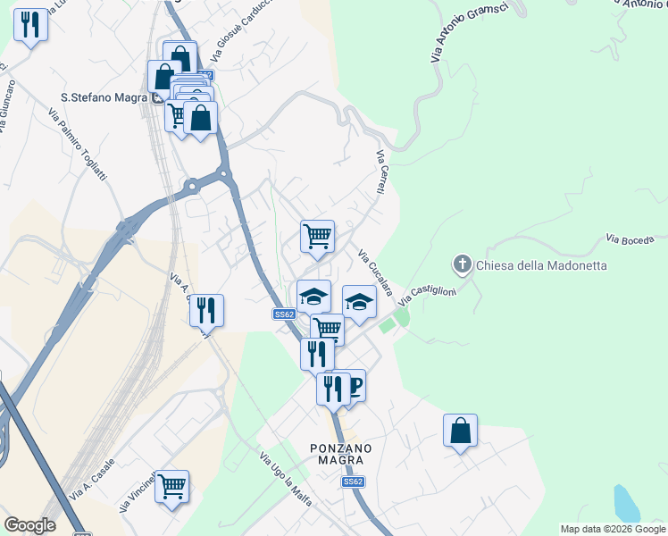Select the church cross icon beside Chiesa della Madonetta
pyautogui.click(x=462, y=264)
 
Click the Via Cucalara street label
pyautogui.click(x=375, y=272)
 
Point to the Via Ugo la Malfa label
pyautogui.click(x=285, y=480)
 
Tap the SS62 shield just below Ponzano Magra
pyautogui.click(x=354, y=482)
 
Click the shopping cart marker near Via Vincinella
pyautogui.click(x=171, y=487)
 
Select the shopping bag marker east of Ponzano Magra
pyautogui.click(x=460, y=431)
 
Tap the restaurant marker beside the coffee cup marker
pyautogui.click(x=332, y=389)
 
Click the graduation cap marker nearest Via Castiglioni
pyautogui.click(x=359, y=302)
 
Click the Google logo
pyautogui.click(x=29, y=525)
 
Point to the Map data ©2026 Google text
pyautogui.click(x=613, y=529)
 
